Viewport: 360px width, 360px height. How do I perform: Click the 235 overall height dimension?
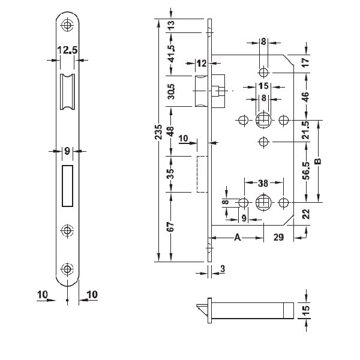[x=158, y=132]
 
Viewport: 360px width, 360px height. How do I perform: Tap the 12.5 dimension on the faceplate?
[x=67, y=50]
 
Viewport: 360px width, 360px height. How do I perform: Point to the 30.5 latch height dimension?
[x=171, y=91]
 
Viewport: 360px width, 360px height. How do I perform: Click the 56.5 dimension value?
[x=306, y=170]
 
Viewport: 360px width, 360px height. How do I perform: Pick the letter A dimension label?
[x=238, y=237]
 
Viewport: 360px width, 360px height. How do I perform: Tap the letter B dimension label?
[x=318, y=161]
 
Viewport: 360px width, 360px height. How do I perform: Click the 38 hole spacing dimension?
[x=263, y=183]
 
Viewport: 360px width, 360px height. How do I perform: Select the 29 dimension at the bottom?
[x=278, y=237]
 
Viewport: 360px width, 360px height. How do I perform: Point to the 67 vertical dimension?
[x=171, y=227]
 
